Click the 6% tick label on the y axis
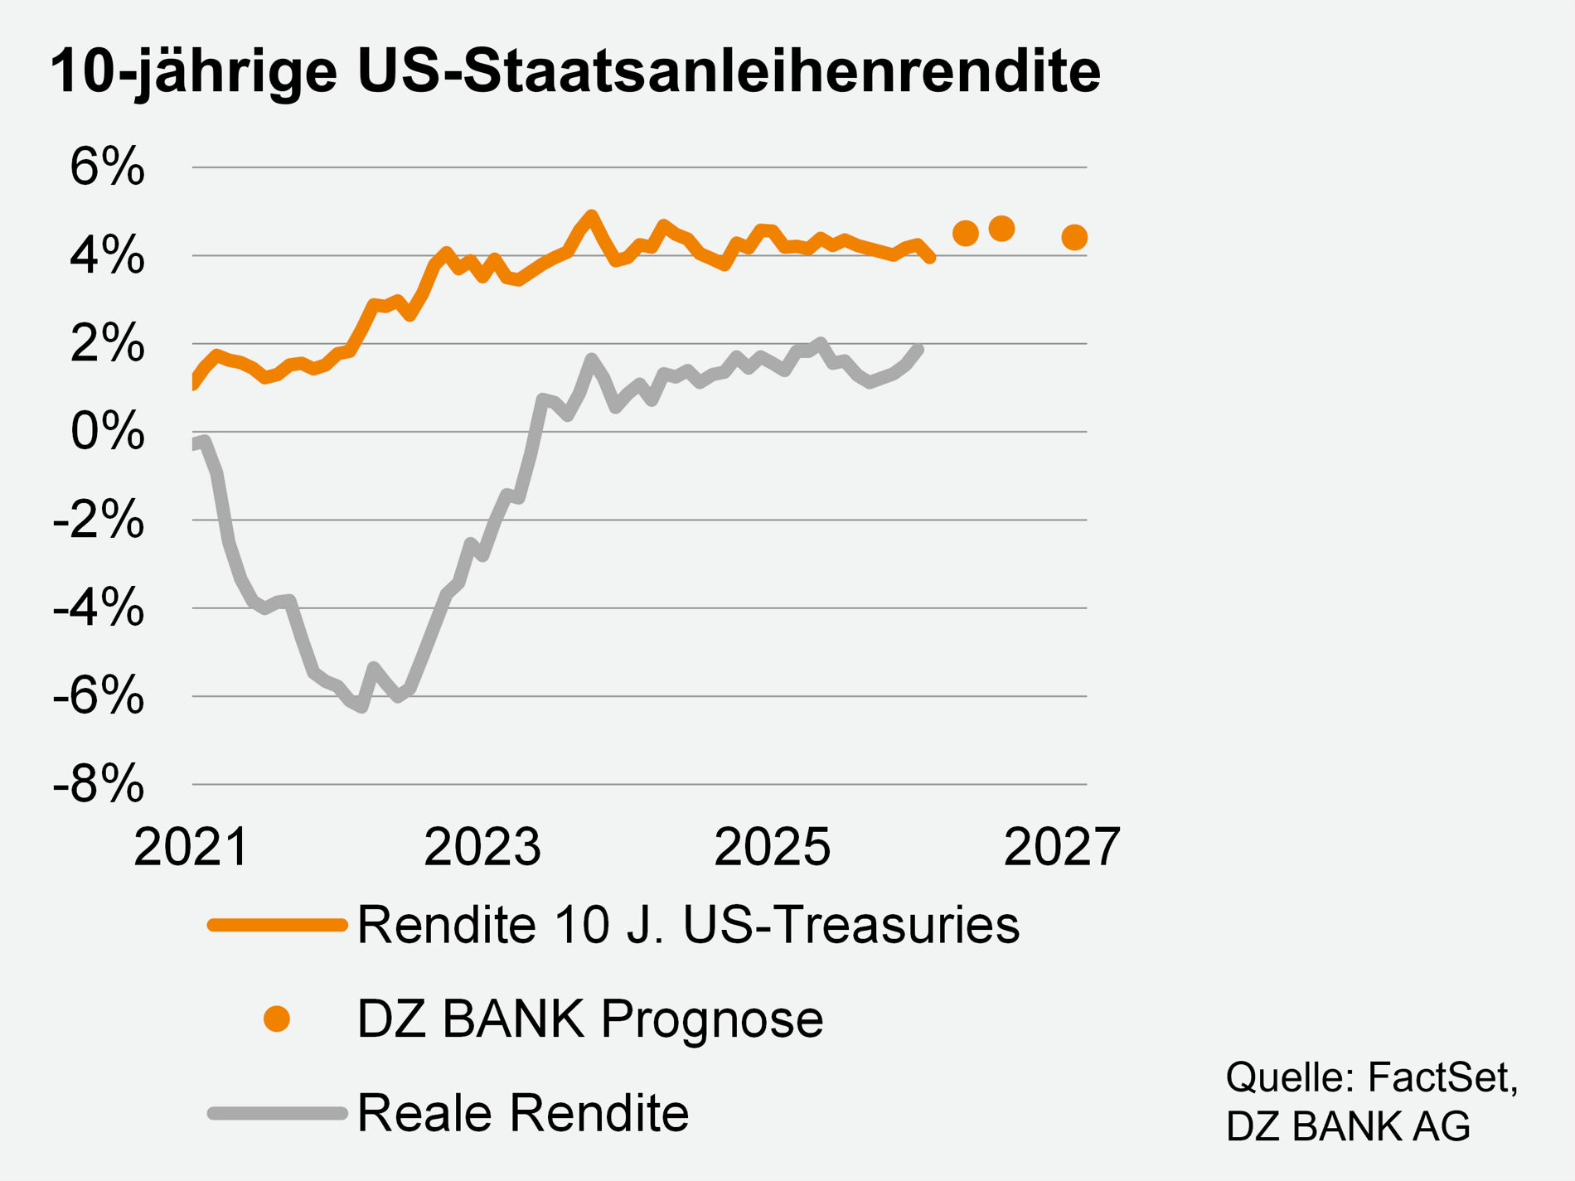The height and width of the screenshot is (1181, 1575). tap(107, 167)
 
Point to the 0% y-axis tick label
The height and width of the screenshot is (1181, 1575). tap(107, 432)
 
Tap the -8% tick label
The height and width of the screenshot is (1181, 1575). tap(98, 784)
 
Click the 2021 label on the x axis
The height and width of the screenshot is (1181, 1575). tap(191, 847)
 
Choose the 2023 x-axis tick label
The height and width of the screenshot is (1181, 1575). tap(482, 847)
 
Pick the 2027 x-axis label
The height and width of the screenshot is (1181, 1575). tap(1062, 847)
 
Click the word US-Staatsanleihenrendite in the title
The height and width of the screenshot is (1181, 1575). tap(729, 71)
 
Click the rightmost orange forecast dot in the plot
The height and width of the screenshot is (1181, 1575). tap(1074, 238)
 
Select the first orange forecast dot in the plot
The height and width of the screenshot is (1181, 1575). tap(965, 234)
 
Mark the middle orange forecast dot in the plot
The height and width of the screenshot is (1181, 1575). tap(1001, 228)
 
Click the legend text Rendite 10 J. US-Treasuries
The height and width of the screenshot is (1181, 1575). tap(688, 925)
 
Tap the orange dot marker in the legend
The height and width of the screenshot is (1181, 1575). tap(276, 1019)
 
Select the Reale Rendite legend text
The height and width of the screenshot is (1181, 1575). tap(523, 1113)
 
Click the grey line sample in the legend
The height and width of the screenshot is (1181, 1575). tap(276, 1113)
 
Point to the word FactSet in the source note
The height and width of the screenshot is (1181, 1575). tap(1440, 1077)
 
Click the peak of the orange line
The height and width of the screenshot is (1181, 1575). tap(591, 215)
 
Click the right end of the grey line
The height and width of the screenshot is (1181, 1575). tap(918, 350)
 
